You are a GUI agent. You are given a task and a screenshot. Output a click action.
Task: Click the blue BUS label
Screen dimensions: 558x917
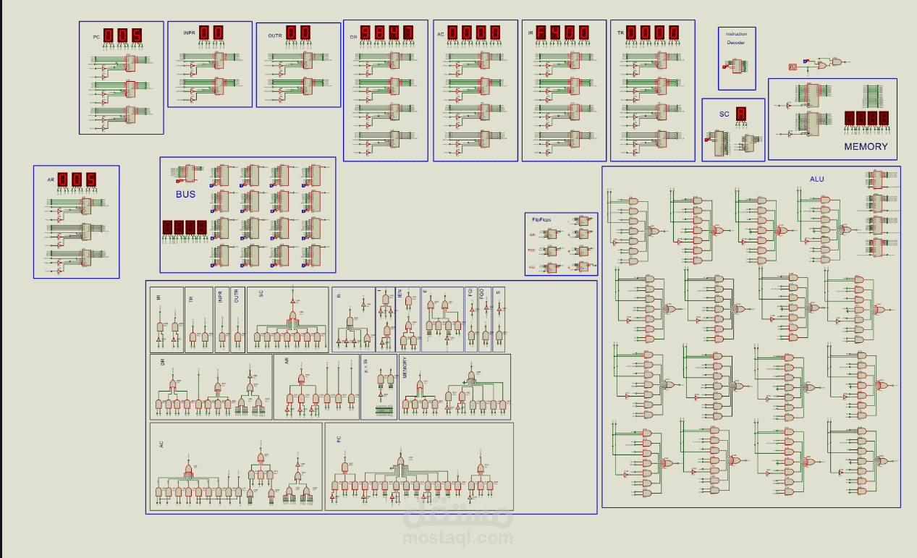click(185, 194)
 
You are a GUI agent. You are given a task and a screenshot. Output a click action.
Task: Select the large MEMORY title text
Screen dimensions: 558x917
click(866, 146)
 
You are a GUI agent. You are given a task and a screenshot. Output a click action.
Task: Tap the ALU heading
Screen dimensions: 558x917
click(816, 179)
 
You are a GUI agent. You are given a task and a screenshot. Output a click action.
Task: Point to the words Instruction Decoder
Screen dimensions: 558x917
click(736, 38)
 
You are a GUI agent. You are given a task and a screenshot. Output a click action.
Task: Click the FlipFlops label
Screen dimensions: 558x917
click(541, 219)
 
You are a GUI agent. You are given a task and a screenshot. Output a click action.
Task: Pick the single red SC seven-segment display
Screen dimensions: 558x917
click(741, 114)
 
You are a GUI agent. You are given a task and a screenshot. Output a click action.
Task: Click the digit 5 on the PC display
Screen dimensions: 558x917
click(136, 35)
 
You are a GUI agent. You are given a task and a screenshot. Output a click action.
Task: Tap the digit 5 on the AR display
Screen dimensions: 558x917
click(90, 179)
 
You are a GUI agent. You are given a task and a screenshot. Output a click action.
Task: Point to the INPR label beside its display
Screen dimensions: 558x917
click(190, 33)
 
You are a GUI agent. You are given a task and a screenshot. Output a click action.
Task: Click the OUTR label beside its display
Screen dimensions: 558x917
click(275, 35)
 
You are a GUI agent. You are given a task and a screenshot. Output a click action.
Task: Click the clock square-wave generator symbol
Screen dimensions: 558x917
click(793, 67)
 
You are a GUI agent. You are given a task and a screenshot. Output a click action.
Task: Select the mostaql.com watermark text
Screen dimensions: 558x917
click(458, 537)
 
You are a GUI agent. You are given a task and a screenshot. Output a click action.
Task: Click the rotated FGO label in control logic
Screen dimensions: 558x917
click(482, 296)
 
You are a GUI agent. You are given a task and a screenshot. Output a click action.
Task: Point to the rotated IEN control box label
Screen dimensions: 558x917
click(400, 295)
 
